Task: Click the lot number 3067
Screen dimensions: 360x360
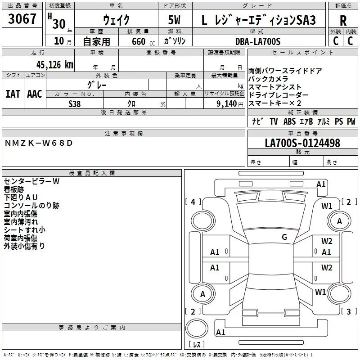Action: tap(22, 19)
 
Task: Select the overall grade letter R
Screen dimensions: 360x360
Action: tap(343, 21)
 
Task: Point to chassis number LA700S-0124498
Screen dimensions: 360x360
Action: tap(302, 144)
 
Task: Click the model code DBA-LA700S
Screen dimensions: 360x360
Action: tap(258, 41)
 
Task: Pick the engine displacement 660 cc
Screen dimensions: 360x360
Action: tap(138, 41)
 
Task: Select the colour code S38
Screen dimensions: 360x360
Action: tap(75, 103)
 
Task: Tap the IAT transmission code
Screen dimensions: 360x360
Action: tap(13, 94)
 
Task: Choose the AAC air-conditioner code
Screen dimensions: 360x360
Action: tap(35, 94)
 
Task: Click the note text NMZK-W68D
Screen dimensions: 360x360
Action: tap(38, 143)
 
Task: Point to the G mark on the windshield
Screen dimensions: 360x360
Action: tap(284, 237)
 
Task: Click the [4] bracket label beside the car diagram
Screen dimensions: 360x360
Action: tap(193, 202)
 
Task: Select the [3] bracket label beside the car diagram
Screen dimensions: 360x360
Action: tap(349, 311)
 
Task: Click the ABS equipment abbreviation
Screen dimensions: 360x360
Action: tap(290, 121)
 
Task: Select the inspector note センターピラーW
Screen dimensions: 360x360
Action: tap(31, 181)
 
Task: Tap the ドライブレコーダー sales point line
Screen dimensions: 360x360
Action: tap(279, 95)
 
